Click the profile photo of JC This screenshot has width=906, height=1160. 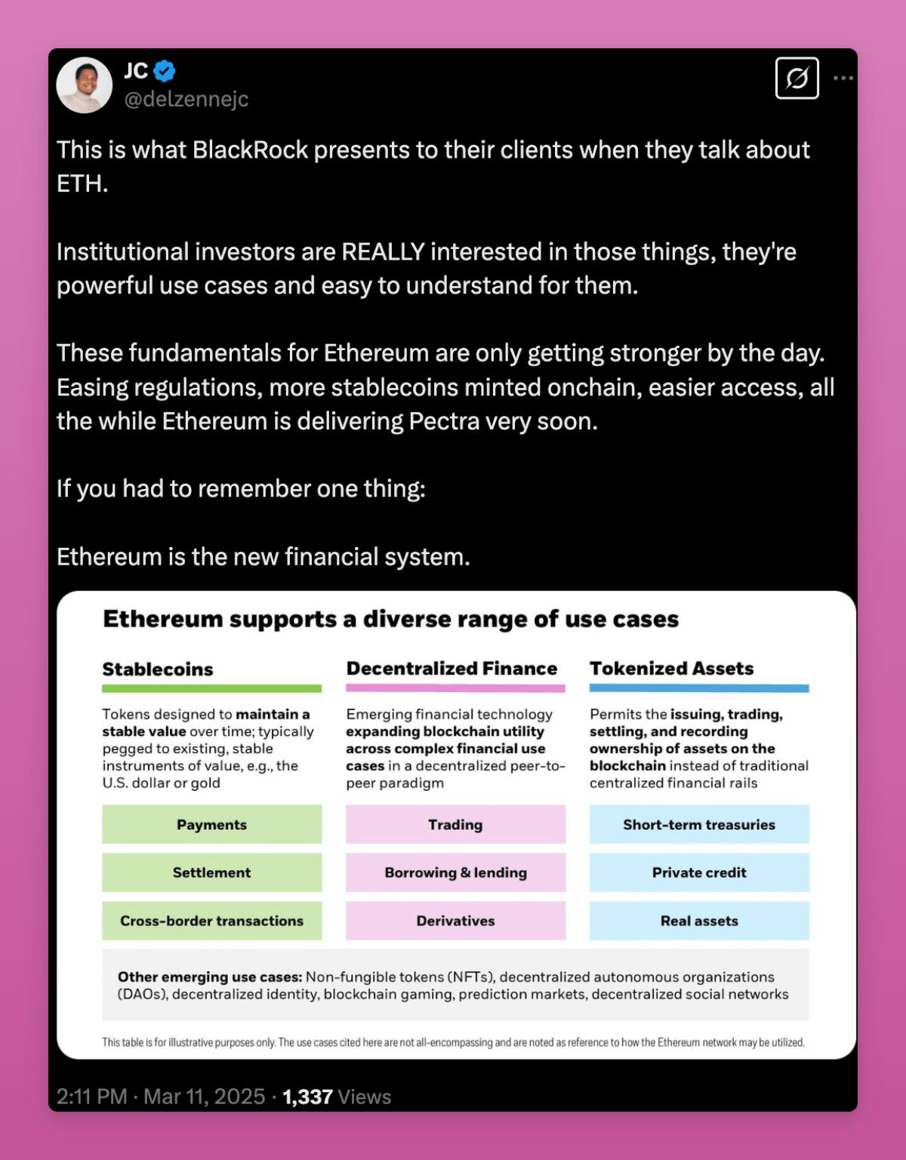[x=84, y=85]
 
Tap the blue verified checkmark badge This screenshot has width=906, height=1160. [x=165, y=71]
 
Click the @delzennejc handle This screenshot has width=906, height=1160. [x=186, y=99]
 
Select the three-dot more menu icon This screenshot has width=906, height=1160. [x=843, y=78]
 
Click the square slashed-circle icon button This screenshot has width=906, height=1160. [x=797, y=78]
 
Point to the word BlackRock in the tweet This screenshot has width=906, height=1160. [x=250, y=150]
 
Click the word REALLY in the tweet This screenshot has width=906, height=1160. [x=383, y=251]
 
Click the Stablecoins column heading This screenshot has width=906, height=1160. [x=158, y=669]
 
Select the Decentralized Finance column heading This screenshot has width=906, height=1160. [x=451, y=669]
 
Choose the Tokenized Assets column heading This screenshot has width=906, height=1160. [x=671, y=669]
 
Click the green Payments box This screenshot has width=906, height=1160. [x=211, y=824]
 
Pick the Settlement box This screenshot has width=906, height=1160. [x=211, y=872]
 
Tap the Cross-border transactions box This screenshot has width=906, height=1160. [x=211, y=921]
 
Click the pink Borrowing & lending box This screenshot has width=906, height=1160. [x=455, y=872]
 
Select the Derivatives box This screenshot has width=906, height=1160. [x=455, y=921]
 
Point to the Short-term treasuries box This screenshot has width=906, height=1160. [x=699, y=824]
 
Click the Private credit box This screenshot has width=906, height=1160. [x=699, y=872]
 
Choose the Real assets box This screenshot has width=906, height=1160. [x=699, y=921]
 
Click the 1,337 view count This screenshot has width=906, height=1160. [x=307, y=1097]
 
